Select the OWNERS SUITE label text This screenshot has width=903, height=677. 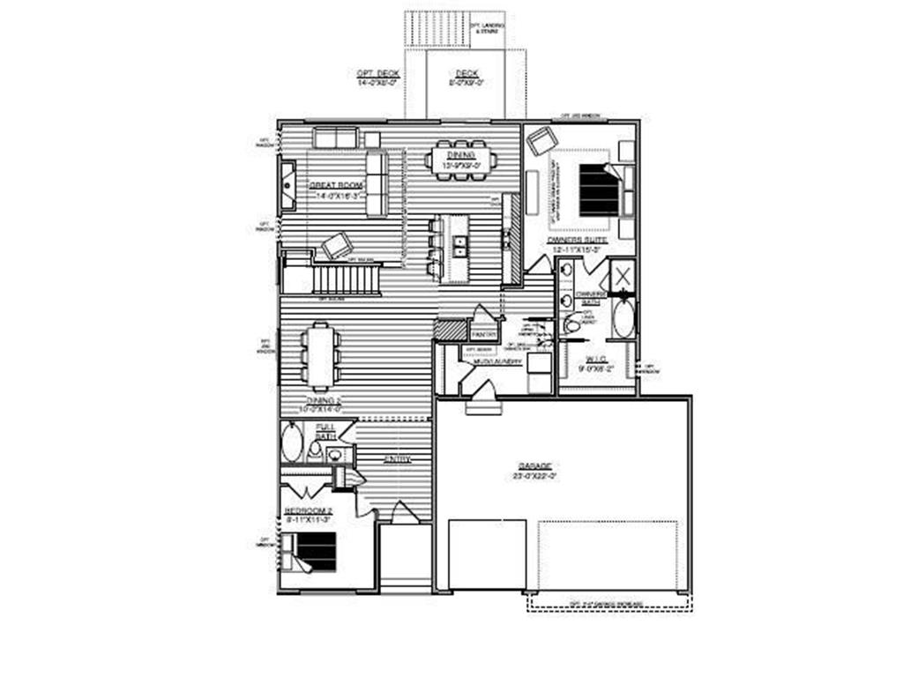click(x=575, y=239)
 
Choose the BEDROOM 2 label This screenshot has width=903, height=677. click(x=307, y=510)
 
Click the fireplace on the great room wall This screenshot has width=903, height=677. click(x=288, y=186)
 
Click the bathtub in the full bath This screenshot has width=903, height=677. click(x=292, y=443)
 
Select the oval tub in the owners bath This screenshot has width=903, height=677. click(x=623, y=318)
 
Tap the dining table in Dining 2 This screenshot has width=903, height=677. click(x=319, y=355)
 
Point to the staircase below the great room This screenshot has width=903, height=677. click(x=347, y=280)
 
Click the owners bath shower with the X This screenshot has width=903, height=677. click(x=622, y=275)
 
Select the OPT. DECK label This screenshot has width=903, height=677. click(x=377, y=73)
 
